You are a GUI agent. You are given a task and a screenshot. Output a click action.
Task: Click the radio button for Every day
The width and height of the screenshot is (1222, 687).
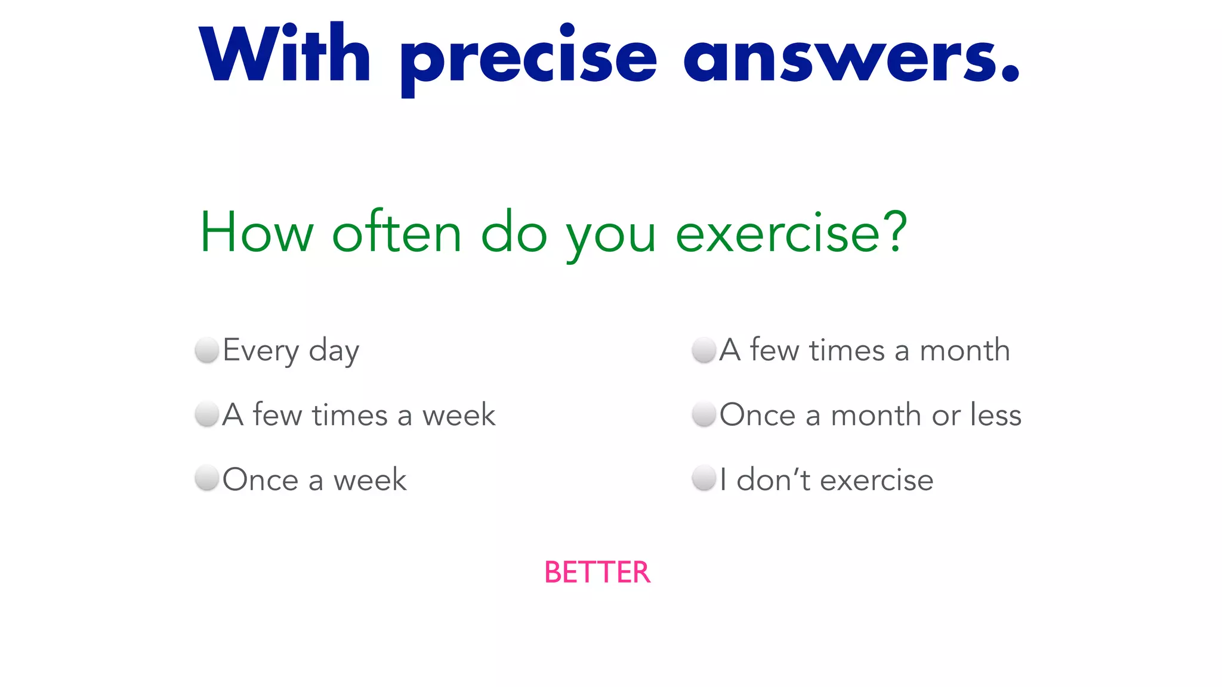pos(207,350)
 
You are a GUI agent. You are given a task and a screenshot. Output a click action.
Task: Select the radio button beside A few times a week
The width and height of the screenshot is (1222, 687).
pos(207,414)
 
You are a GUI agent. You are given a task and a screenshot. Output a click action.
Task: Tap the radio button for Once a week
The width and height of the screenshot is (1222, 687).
pos(207,479)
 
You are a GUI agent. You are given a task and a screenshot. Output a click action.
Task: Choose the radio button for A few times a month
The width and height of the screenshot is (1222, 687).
pos(703,350)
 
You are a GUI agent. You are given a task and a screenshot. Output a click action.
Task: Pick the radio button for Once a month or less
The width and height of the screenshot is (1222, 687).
pos(703,414)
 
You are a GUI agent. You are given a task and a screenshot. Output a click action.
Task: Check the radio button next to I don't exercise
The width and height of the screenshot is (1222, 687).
pos(703,479)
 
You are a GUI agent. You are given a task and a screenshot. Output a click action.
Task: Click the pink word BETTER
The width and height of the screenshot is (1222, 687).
pos(597,572)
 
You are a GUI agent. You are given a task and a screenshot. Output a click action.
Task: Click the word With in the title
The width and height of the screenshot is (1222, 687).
pos(285,55)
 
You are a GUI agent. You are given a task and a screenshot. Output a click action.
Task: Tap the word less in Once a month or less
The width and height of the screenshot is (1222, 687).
pos(996,414)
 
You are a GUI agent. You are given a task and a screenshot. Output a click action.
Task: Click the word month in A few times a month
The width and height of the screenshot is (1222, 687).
pos(965,351)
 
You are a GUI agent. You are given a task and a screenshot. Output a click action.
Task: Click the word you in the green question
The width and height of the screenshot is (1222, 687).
pos(611,237)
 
